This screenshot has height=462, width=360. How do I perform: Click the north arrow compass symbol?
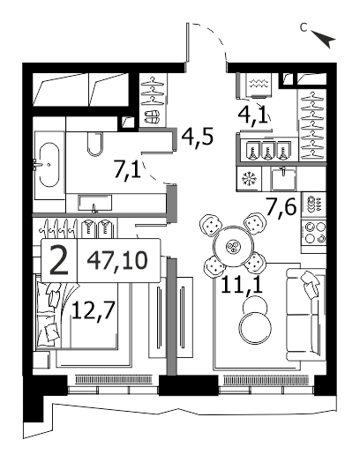pos(325,38)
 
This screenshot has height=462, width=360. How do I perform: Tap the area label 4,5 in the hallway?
pos(197,137)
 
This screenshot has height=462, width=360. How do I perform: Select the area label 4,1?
pos(254,115)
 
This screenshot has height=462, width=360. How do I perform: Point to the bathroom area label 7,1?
pos(127,170)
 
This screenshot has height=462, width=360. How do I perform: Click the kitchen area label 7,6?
pos(281,207)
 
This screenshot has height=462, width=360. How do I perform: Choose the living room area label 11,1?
pos(242,285)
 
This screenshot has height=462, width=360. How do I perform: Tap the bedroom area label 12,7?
pos(93,310)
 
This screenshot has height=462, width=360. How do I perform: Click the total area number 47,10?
pos(117,260)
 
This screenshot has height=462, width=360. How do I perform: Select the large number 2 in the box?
pos(59,260)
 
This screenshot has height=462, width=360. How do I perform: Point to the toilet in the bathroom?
pos(95,144)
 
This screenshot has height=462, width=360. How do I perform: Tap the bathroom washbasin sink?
pos(95,203)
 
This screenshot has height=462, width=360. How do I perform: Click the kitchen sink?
pos(283,179)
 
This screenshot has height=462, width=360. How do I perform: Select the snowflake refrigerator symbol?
pos(249,179)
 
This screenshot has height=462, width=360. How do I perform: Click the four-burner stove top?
pos(314,232)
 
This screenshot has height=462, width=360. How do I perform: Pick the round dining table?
pos(234,246)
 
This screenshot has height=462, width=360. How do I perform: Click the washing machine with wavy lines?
pos(259,85)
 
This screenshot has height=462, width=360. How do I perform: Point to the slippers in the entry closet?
pos(153,116)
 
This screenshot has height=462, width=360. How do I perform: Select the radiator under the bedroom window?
pos(114,379)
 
